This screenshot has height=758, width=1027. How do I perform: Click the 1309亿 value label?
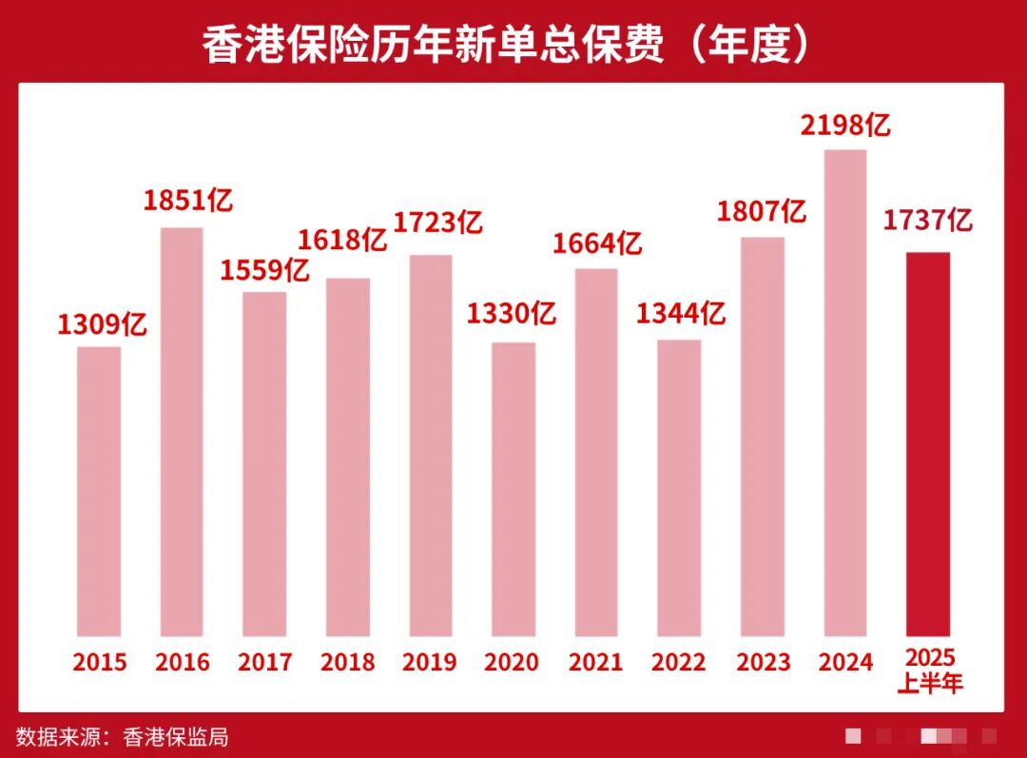(x=102, y=326)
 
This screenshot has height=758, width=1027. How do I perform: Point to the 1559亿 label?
(x=265, y=271)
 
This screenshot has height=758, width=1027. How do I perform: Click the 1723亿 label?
(x=438, y=224)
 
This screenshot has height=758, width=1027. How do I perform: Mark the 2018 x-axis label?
(x=347, y=663)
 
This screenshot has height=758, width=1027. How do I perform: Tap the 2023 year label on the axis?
(x=763, y=663)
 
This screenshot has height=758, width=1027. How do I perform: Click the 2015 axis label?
(x=99, y=663)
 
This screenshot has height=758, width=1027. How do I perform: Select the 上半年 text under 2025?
(x=929, y=683)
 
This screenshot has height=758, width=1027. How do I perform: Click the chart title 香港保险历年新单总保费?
(x=433, y=45)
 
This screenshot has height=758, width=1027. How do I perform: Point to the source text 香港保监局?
(x=176, y=736)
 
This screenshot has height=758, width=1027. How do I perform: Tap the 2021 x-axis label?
(x=596, y=663)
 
